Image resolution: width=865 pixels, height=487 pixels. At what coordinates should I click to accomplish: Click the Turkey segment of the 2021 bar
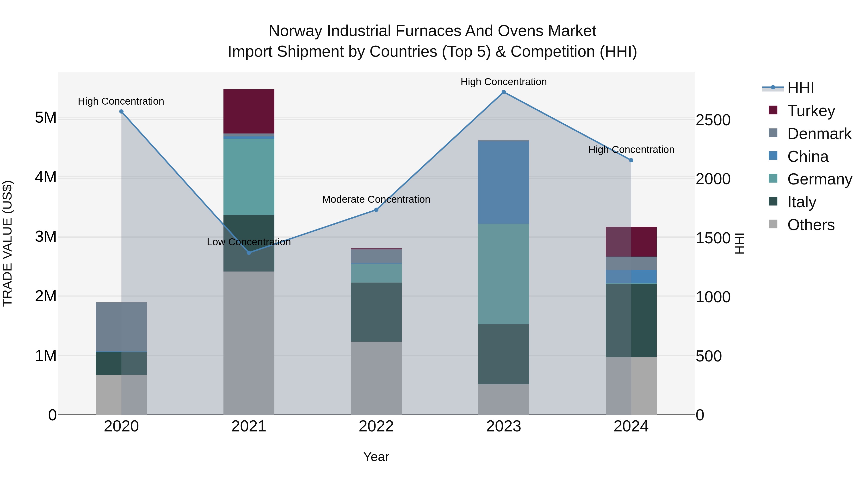click(x=249, y=111)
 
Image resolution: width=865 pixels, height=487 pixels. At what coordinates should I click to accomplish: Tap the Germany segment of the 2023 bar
click(x=503, y=274)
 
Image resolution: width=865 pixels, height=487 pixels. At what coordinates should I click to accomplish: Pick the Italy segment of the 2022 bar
click(x=376, y=312)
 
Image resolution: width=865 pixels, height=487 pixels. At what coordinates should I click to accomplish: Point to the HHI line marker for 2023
click(x=503, y=92)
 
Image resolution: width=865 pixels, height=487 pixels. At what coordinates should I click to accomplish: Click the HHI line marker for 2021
click(x=249, y=253)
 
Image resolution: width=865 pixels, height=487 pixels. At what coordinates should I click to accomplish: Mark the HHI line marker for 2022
click(x=376, y=210)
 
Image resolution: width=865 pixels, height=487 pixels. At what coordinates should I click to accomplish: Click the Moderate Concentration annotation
click(x=376, y=199)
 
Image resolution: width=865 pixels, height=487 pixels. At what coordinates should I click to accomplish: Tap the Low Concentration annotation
click(x=249, y=242)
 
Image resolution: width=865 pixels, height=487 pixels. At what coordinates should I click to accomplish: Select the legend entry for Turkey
click(x=811, y=111)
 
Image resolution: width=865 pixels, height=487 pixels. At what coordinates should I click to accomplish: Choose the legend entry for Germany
click(x=819, y=179)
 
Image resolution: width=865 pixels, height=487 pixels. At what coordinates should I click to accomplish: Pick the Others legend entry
click(x=811, y=225)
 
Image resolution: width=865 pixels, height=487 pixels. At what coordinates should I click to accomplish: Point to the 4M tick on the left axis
click(x=46, y=177)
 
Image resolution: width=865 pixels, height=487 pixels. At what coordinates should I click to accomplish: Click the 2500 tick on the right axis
click(x=713, y=120)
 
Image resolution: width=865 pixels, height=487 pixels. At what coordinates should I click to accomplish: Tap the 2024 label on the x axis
click(x=631, y=426)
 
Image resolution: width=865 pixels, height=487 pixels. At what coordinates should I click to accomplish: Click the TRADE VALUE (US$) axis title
click(x=7, y=243)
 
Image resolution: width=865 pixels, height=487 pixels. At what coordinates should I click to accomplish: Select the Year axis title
click(x=376, y=457)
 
